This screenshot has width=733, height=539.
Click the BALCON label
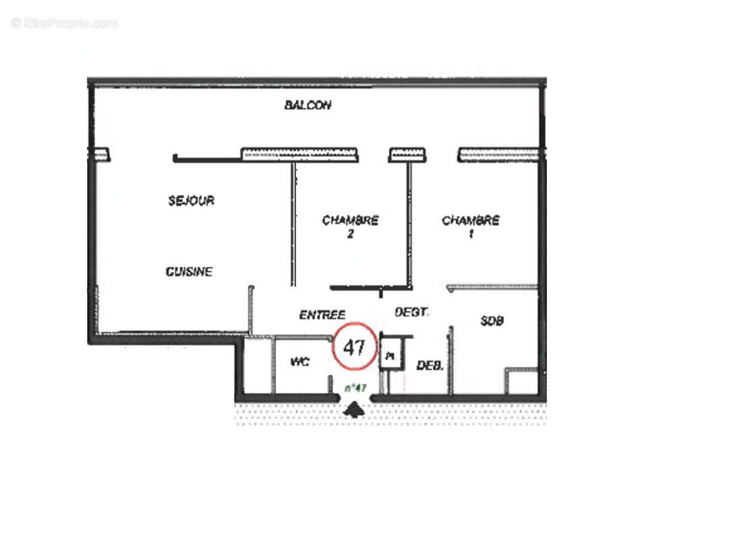307,105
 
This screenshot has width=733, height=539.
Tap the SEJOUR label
192,200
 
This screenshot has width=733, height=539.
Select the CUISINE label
189,272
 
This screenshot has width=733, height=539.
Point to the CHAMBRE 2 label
350,227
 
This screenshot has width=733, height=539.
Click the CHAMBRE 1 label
471,227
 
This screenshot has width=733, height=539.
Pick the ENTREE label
322,315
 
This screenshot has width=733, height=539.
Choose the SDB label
492,321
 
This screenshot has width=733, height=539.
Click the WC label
299,362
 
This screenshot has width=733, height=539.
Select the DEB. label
430,366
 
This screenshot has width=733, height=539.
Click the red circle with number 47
355,348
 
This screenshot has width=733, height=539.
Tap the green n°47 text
355,387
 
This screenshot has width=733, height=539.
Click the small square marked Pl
390,354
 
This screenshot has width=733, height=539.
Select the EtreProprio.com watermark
65,24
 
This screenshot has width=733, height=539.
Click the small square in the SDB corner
522,381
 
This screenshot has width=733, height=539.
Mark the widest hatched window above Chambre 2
299,154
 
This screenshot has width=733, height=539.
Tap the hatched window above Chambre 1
498,155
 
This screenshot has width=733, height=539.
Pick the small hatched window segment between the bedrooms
407,155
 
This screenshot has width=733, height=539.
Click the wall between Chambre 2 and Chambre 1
409,222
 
